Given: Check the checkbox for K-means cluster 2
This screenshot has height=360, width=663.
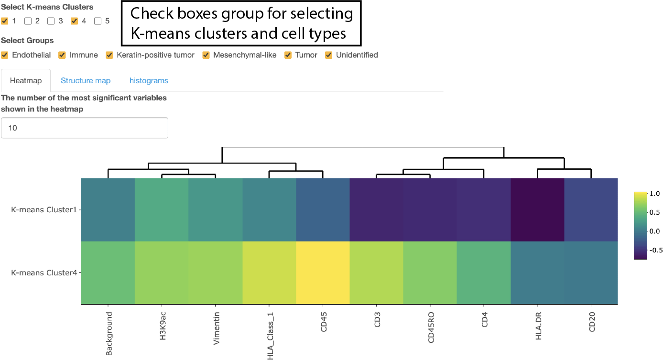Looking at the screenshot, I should click(x=28, y=21).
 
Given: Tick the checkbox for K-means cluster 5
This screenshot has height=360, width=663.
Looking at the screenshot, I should click(x=98, y=21).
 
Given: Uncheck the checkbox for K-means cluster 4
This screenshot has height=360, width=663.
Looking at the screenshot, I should click(x=74, y=21).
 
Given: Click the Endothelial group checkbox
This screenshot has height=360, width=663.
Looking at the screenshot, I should click(x=5, y=55).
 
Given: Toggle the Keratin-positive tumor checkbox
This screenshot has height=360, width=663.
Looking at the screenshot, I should click(x=109, y=55).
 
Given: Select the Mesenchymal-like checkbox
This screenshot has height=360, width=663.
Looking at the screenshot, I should click(x=206, y=55).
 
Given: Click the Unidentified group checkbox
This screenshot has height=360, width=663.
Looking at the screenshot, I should click(x=329, y=55).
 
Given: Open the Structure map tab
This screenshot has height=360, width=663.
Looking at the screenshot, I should click(x=86, y=81).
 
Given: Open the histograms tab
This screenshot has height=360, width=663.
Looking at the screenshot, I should click(x=149, y=81).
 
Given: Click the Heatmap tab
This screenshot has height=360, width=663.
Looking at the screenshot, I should click(x=26, y=81).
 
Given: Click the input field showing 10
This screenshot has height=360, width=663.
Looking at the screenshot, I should click(x=85, y=128).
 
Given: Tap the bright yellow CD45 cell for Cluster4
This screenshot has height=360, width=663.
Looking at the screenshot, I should click(x=323, y=273).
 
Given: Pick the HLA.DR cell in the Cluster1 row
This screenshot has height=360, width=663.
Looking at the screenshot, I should click(x=537, y=209).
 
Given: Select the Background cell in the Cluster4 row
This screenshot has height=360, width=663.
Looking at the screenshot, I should click(x=108, y=273).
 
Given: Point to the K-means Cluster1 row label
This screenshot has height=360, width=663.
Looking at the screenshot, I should click(x=44, y=209).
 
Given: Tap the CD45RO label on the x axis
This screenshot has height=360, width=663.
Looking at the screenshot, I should click(x=431, y=328).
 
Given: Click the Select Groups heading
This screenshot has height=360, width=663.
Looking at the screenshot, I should click(x=27, y=41).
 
